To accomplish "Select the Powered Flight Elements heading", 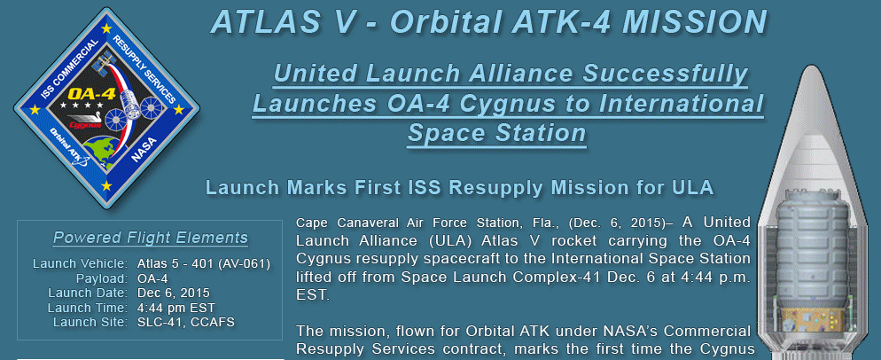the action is coord(150,238).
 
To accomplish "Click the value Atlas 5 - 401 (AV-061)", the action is coord(204,264).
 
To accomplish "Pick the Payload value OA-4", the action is coord(152,278).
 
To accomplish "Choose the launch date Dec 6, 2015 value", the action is coord(174,293).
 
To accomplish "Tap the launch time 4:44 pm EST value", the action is coord(175,308).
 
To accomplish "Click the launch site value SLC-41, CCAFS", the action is coord(186,322).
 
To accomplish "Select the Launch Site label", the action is coord(90,322).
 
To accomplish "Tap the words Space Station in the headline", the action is coord(496,133).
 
